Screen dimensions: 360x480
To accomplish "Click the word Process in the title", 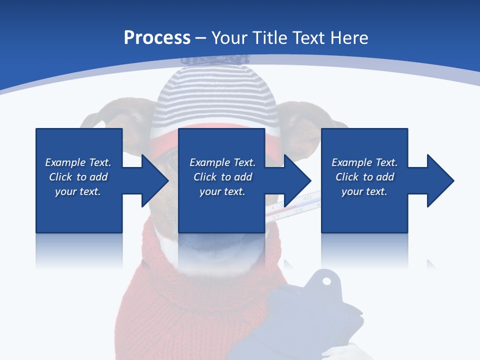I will [157, 37].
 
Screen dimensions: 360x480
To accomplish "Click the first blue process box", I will [78, 150].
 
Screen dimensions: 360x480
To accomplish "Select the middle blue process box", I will [221, 150].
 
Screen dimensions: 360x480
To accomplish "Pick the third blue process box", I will [364, 150].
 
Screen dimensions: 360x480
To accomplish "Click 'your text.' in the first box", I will [78, 191].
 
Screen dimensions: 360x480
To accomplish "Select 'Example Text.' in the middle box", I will [222, 162].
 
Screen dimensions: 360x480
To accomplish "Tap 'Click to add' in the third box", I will [364, 177].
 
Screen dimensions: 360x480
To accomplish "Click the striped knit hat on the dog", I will [215, 100].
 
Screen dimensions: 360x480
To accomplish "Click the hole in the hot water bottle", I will [326, 280].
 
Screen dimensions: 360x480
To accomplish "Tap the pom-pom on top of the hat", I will [215, 59].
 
